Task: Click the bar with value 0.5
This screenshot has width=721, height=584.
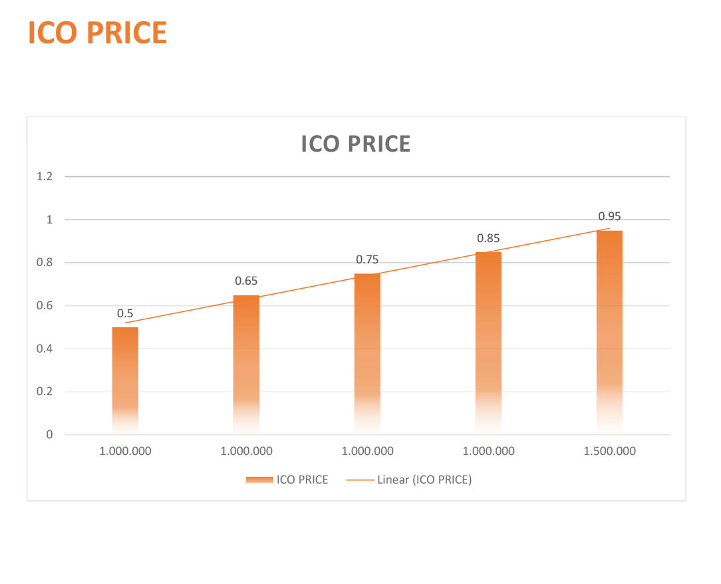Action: pyautogui.click(x=125, y=380)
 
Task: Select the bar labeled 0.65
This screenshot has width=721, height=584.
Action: pyautogui.click(x=246, y=365)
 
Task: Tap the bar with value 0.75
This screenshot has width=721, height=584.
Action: pyautogui.click(x=367, y=354)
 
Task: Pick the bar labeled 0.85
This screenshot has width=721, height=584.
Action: pyautogui.click(x=488, y=343)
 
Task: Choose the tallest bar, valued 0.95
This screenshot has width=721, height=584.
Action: pyautogui.click(x=609, y=332)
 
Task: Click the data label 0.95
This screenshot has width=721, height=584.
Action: pyautogui.click(x=609, y=216)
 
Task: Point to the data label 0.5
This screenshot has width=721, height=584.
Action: pyautogui.click(x=125, y=313)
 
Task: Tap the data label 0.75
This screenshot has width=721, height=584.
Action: pyautogui.click(x=367, y=259)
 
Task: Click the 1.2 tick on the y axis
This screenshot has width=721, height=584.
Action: pyautogui.click(x=45, y=176)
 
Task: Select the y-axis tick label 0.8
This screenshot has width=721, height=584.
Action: pyautogui.click(x=45, y=262)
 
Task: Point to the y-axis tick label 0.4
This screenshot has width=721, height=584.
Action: pyautogui.click(x=45, y=349)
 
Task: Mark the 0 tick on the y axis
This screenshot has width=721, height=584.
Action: pyautogui.click(x=49, y=434)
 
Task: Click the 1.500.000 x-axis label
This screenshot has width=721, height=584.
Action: pyautogui.click(x=610, y=451)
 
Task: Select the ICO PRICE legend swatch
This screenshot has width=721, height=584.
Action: pyautogui.click(x=260, y=480)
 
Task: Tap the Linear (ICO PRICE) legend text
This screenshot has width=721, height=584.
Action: pyautogui.click(x=424, y=480)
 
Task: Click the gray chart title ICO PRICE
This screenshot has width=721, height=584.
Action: pyautogui.click(x=356, y=144)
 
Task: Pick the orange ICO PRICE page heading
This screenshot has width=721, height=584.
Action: pyautogui.click(x=98, y=33)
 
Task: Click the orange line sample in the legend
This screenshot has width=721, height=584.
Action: pyautogui.click(x=360, y=480)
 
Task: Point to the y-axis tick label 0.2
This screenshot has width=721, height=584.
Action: pyautogui.click(x=45, y=391)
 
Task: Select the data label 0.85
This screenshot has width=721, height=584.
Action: pyautogui.click(x=488, y=238)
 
